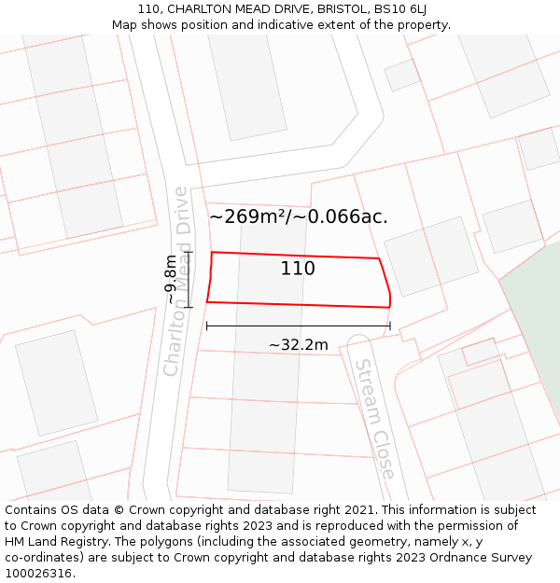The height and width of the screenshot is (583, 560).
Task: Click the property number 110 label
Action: pyautogui.click(x=298, y=269)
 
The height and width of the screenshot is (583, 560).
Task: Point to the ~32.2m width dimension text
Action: pyautogui.click(x=299, y=345)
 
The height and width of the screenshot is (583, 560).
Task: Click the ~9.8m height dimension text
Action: pyautogui.click(x=170, y=279)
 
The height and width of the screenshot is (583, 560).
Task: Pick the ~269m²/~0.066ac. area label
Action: pyautogui.click(x=298, y=217)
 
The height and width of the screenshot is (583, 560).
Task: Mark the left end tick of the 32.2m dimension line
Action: pyautogui.click(x=206, y=326)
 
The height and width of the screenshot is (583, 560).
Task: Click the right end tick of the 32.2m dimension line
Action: pyautogui.click(x=390, y=326)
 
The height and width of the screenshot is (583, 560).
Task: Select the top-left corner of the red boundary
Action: pyautogui.click(x=212, y=252)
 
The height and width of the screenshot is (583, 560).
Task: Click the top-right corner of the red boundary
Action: pyautogui.click(x=379, y=258)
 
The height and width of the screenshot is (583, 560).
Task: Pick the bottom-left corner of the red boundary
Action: pyautogui.click(x=207, y=301)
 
